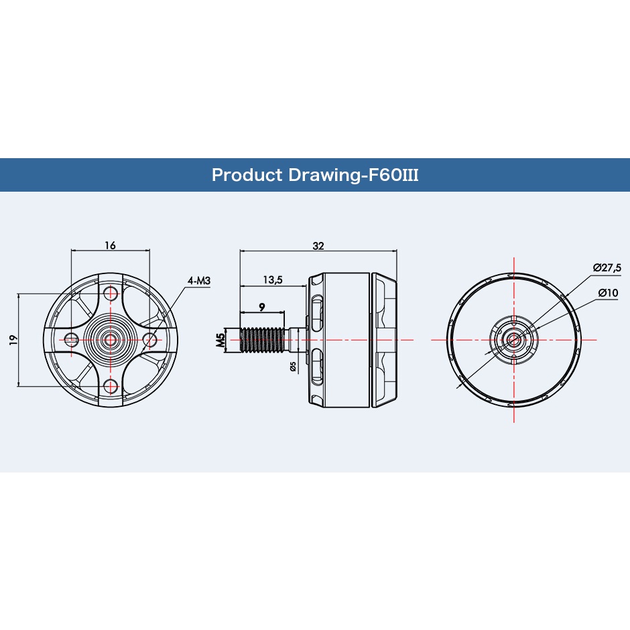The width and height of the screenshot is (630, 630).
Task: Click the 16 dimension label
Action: (x=110, y=245)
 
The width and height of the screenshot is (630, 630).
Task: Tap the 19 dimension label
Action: (x=13, y=340)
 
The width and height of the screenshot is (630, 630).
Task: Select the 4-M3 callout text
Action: (x=199, y=280)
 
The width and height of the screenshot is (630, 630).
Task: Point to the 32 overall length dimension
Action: (x=318, y=246)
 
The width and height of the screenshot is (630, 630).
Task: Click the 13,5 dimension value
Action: (x=273, y=279)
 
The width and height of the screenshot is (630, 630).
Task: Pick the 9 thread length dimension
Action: (x=262, y=308)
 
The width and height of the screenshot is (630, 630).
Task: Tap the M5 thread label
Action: (x=220, y=340)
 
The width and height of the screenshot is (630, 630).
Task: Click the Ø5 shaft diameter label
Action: (x=293, y=367)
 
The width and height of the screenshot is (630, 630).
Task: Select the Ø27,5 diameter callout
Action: (x=607, y=267)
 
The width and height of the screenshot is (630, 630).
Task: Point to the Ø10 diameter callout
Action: (x=609, y=293)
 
